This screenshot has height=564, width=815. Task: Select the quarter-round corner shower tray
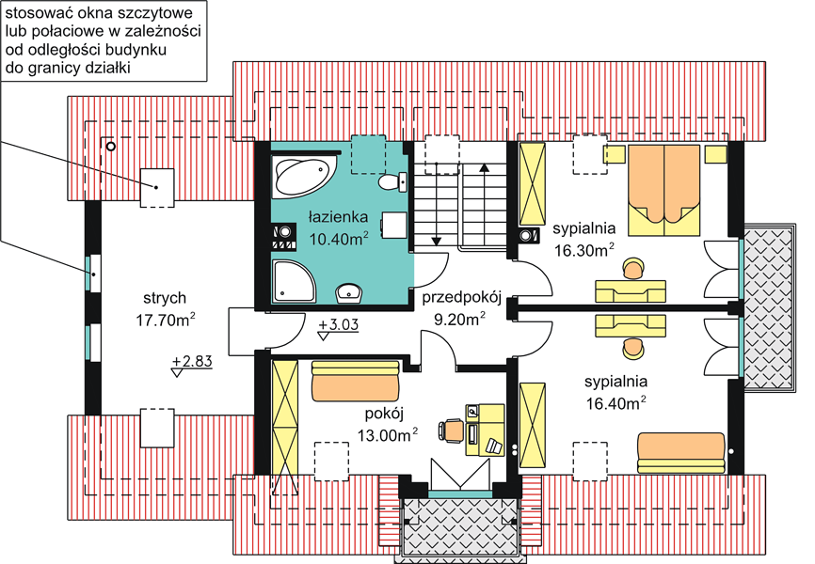pos(293,281)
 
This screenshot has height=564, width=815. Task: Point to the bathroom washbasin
pos(349,293)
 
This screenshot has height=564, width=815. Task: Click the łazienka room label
pos(338,216)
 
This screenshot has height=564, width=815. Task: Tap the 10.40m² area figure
pos(339,239)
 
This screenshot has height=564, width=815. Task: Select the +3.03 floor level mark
pos(339,327)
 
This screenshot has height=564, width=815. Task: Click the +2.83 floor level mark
pos(192,364)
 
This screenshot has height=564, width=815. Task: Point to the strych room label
pos(165,298)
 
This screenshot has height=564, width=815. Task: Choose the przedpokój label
pos(461,298)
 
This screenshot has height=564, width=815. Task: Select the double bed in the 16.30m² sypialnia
pos(664,190)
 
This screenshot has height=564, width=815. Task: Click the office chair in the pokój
pos(451,431)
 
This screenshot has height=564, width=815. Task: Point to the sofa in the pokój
pos(355,382)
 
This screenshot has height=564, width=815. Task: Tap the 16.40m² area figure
pos(616,402)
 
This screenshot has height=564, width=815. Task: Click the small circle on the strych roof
pos(110,147)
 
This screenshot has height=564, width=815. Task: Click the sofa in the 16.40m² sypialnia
pos(681,453)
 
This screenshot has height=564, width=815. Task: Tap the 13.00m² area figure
pos(388,434)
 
